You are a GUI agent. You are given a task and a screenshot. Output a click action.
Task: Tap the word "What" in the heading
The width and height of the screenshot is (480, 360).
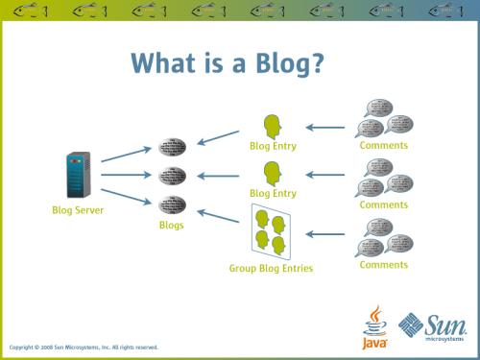[166, 62]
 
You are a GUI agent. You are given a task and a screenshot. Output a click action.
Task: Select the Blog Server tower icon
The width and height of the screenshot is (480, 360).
[78, 176]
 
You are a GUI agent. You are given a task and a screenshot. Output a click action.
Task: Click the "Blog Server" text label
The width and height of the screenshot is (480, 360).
[78, 209]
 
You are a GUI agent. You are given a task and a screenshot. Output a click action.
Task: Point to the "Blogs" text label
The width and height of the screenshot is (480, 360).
[172, 225]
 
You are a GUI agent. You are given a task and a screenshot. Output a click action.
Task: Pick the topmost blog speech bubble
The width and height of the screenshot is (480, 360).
[172, 149]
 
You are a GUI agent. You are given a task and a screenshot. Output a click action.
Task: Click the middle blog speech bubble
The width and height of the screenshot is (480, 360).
[172, 177]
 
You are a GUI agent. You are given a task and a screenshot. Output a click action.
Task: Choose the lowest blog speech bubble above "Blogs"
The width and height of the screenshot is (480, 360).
[172, 204]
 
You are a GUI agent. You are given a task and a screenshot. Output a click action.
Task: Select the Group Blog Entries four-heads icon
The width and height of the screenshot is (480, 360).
[271, 232]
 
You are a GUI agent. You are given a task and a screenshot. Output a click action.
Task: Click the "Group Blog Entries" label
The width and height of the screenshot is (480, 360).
[271, 269]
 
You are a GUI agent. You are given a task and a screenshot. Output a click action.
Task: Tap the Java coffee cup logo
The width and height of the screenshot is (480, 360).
[374, 326]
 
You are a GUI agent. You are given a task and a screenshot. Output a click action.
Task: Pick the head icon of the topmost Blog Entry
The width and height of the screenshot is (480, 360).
[272, 127]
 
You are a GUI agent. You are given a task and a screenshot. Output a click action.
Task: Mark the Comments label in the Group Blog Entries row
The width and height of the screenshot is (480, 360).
[383, 265]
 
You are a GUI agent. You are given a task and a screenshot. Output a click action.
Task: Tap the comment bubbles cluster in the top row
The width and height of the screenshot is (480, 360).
[383, 118]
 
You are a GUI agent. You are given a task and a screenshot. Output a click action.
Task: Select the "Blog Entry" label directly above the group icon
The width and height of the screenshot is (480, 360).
[272, 193]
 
